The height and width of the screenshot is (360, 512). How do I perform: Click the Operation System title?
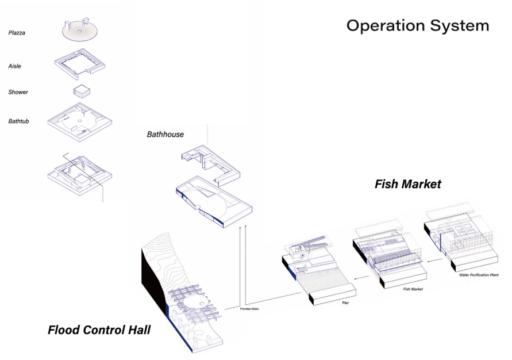(x=418, y=26)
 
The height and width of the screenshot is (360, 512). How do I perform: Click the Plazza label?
(x=17, y=33)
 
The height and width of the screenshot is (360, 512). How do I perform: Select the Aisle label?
(x=14, y=66)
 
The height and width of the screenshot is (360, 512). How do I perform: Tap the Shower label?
(x=18, y=92)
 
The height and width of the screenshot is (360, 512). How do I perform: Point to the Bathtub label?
(x=19, y=121)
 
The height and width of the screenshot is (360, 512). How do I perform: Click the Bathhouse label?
(x=165, y=135)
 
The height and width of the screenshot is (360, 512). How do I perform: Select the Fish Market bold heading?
(x=407, y=184)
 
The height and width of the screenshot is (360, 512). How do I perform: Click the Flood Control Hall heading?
(x=99, y=330)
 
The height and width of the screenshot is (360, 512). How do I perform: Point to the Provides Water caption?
(x=249, y=309)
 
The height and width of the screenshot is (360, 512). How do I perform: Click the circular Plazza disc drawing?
(x=80, y=32)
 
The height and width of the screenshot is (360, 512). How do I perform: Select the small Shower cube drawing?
(x=82, y=91)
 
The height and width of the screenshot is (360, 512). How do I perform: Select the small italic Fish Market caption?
(x=413, y=289)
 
